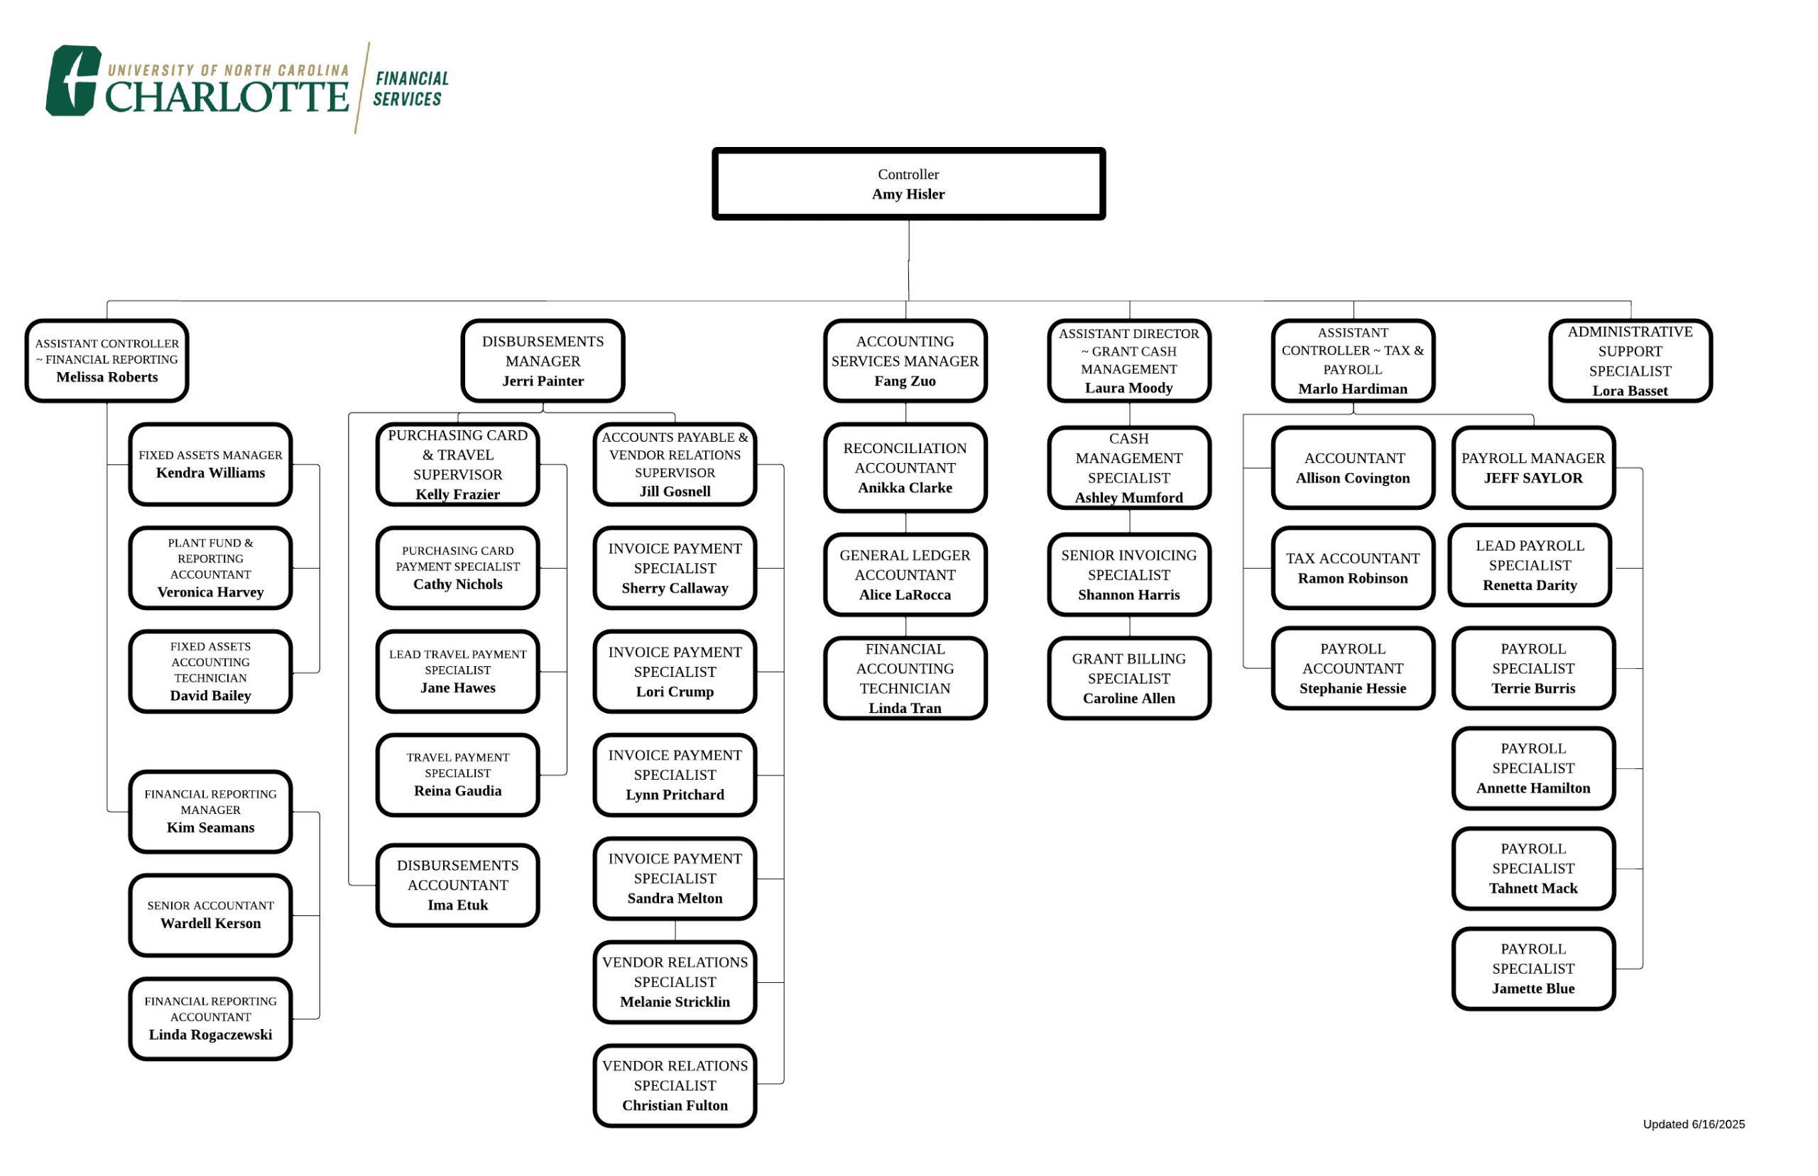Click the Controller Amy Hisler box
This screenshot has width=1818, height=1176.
coord(908,184)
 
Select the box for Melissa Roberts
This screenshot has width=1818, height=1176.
coord(107,361)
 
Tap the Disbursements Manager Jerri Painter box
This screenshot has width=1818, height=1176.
coord(543,361)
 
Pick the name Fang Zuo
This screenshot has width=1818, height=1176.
coord(905,381)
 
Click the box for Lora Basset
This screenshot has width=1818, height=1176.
coord(1631,361)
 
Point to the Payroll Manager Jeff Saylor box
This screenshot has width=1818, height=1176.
coord(1533,468)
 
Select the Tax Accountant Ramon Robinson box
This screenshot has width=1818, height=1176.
coord(1353,568)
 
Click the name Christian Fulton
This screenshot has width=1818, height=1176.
coord(675,1105)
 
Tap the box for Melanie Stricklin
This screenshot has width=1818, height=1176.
coord(675,982)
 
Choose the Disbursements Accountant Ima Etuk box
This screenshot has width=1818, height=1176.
coord(457,885)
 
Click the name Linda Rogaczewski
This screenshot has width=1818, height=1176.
coord(211,1035)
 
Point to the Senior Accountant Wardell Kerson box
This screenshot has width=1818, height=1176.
coord(211,915)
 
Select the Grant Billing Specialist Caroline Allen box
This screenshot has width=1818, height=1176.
coord(1129,678)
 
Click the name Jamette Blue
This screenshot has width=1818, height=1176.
coord(1533,988)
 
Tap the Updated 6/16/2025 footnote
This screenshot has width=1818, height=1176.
coord(1694,1124)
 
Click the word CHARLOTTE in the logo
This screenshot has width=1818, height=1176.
coord(227,97)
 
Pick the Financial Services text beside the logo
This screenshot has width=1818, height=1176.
coord(410,89)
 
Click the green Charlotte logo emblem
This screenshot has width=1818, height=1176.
coord(73,80)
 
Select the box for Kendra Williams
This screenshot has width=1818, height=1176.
coord(211,464)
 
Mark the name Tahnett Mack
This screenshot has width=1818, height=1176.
coord(1533,888)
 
